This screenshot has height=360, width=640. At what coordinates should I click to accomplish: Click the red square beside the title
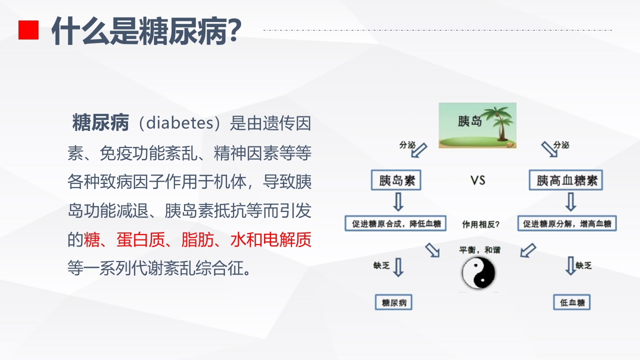[28, 30]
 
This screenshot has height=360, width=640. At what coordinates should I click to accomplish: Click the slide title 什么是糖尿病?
[147, 31]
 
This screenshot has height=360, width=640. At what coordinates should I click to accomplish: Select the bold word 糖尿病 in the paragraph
[101, 122]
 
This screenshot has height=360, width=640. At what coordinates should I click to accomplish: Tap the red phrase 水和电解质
[270, 240]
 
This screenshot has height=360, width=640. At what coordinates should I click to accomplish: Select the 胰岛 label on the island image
[469, 121]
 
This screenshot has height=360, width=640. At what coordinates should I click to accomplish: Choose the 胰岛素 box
[396, 180]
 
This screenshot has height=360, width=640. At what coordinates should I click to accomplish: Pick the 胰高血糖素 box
[566, 180]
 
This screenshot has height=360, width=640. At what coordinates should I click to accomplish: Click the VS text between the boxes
[478, 180]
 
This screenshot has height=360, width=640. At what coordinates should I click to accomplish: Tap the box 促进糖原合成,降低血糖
[395, 223]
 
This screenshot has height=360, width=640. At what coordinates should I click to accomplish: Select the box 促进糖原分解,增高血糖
[567, 223]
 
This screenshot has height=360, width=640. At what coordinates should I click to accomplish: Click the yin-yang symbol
[478, 273]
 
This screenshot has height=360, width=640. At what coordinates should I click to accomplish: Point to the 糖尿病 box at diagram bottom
[394, 302]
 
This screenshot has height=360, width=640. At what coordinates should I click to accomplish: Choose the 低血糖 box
[572, 302]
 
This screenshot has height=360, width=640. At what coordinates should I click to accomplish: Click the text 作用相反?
[480, 224]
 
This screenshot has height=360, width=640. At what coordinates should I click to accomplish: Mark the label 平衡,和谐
[479, 249]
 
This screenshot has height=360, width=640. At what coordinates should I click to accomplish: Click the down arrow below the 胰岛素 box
[398, 202]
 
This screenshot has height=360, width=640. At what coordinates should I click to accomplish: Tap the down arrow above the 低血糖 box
[570, 266]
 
